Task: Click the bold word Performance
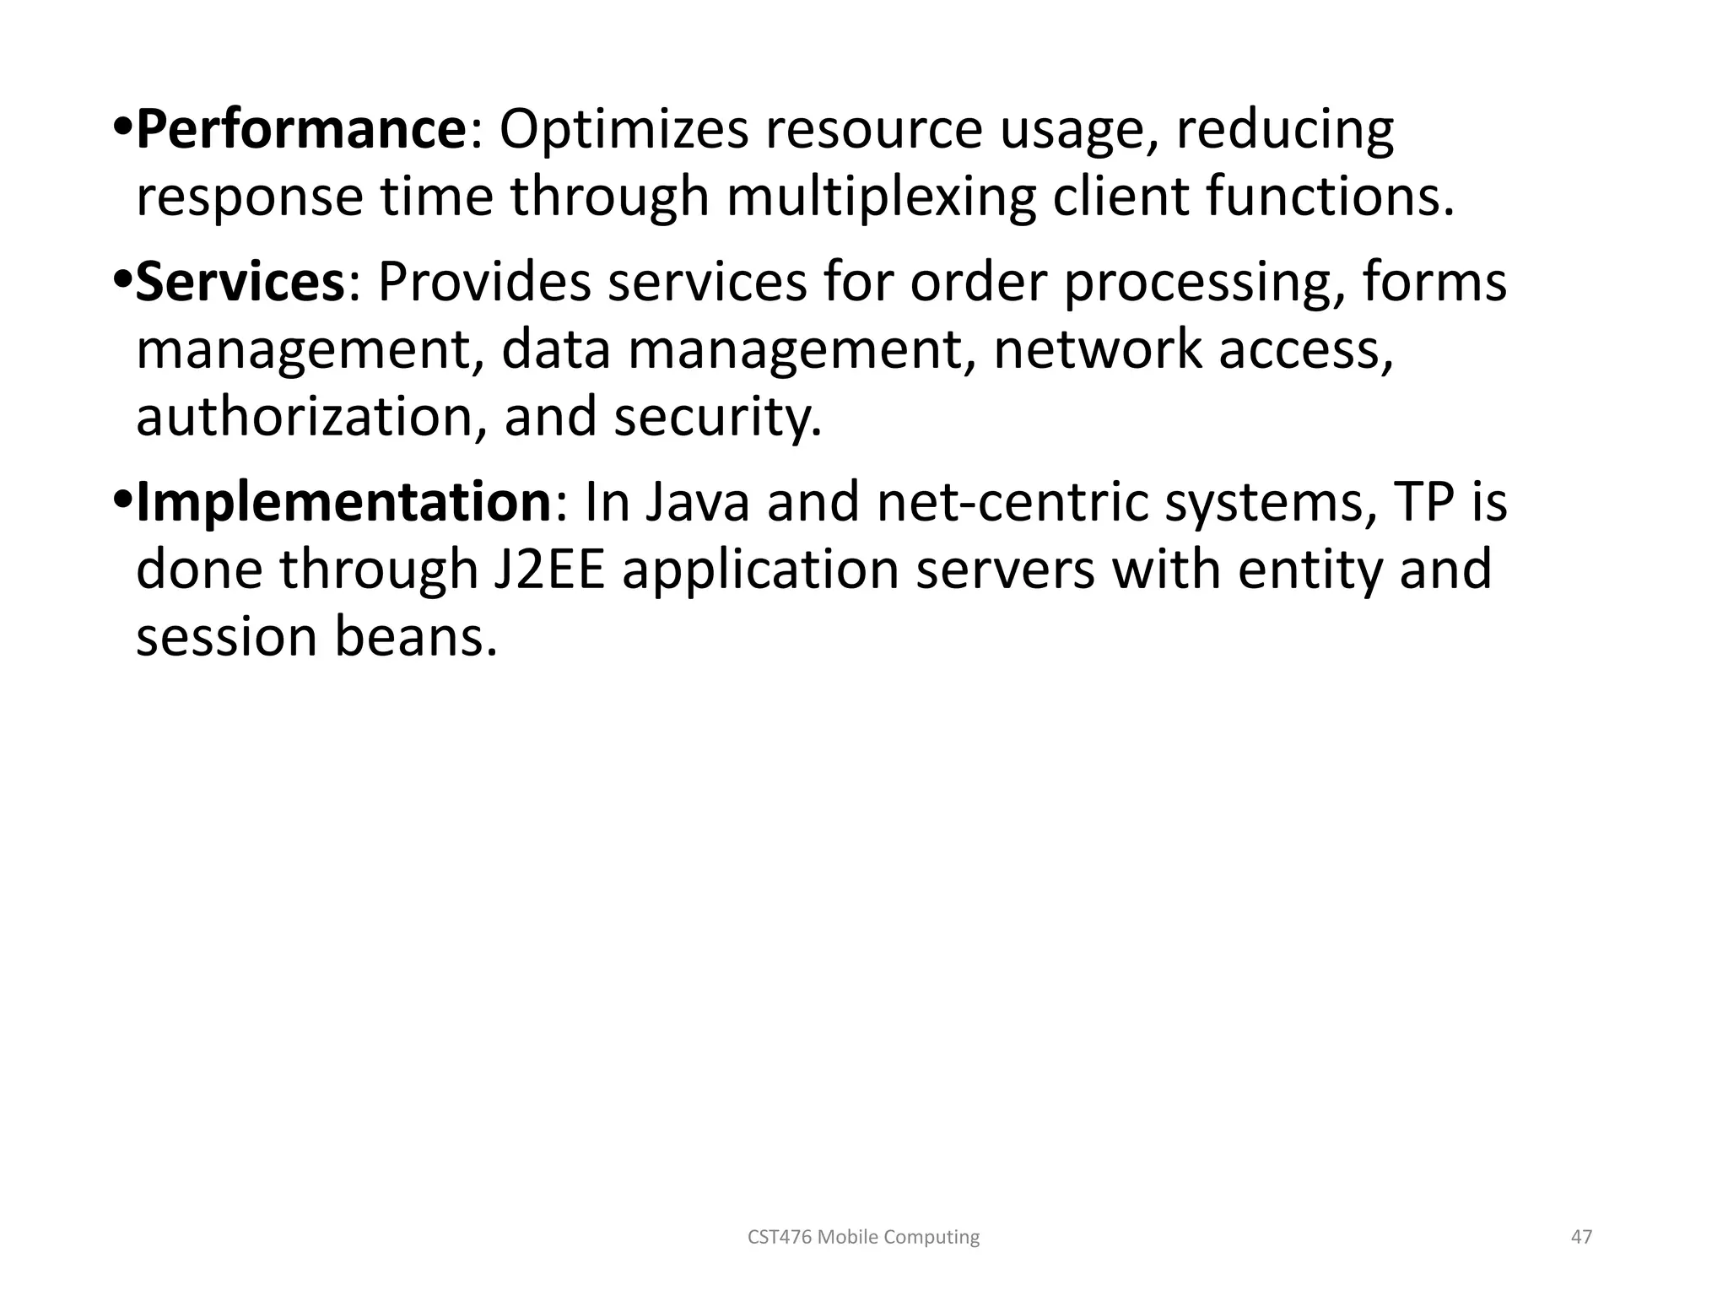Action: pyautogui.click(x=300, y=131)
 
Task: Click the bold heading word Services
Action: pyautogui.click(x=240, y=283)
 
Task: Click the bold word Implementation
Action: pyautogui.click(x=343, y=502)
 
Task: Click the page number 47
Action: pyautogui.click(x=1581, y=1237)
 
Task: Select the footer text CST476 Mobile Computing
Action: pyautogui.click(x=864, y=1237)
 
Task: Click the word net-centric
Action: pyautogui.click(x=1012, y=502)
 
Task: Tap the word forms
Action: pyautogui.click(x=1434, y=283)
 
